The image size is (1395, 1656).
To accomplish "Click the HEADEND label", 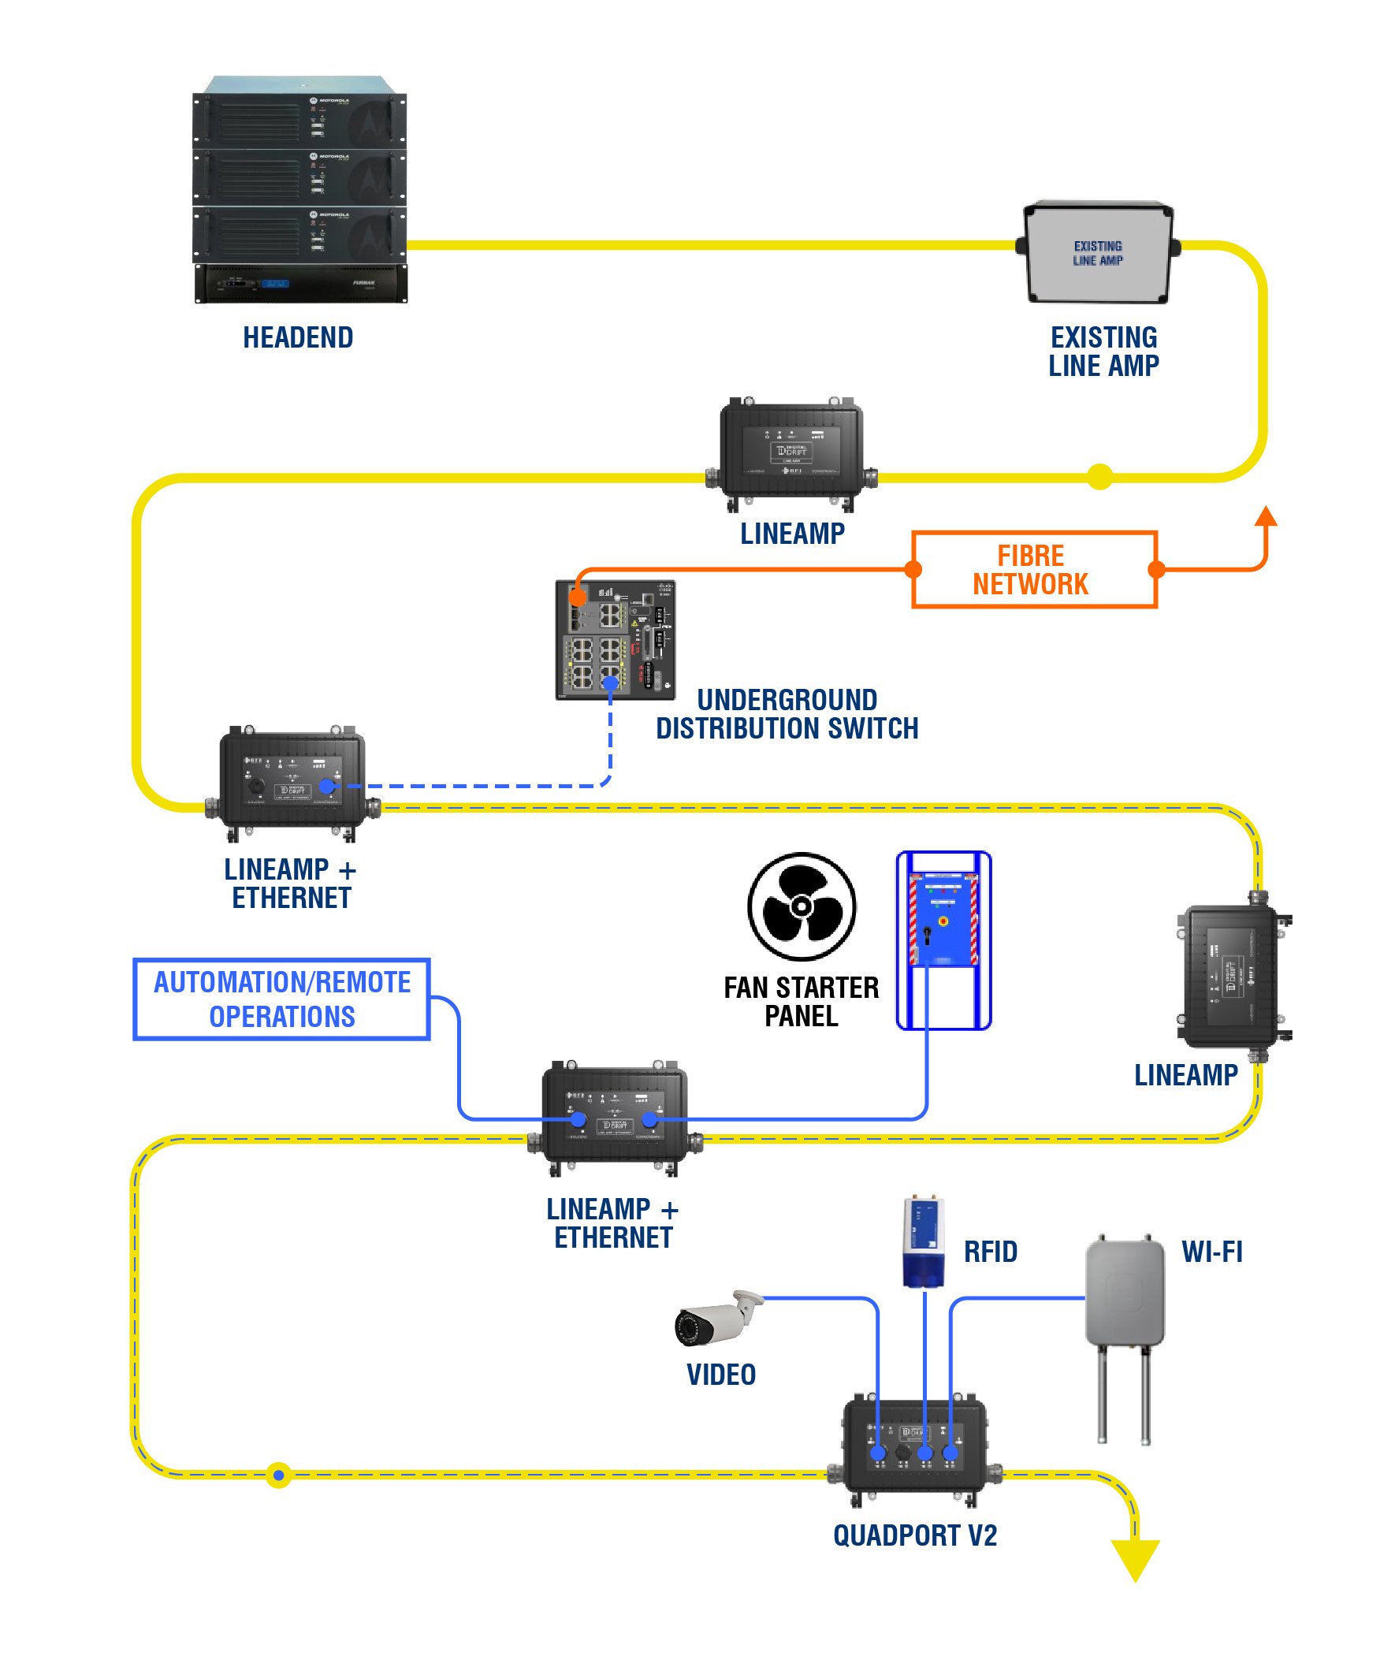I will [297, 337].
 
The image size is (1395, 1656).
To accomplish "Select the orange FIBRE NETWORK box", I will [1033, 569].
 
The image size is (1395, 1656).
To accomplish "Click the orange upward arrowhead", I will [1266, 515].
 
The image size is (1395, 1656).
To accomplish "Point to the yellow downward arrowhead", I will [1135, 1558].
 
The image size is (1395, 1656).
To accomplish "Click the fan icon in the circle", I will [801, 906].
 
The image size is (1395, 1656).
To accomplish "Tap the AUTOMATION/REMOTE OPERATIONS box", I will [281, 999].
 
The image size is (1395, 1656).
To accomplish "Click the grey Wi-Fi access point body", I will [1124, 1292].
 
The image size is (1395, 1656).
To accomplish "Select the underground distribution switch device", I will [615, 640].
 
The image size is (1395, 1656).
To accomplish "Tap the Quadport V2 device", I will [914, 1453].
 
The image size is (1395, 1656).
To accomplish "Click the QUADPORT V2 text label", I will [915, 1535].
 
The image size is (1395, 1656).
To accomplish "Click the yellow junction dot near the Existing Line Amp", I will [1099, 477].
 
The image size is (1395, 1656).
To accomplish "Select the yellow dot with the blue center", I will [278, 1475].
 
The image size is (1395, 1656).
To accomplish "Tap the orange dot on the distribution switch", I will [577, 595].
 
